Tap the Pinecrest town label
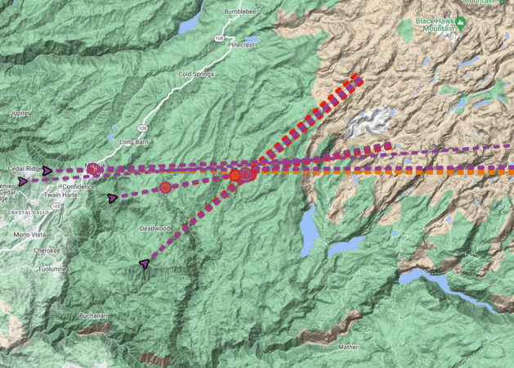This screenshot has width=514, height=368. tap(244, 47)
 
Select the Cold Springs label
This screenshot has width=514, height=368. tap(196, 74)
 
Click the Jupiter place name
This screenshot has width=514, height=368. tap(20, 113)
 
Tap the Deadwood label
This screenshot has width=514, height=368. tap(154, 228)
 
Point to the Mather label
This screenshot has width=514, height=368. tap(348, 347)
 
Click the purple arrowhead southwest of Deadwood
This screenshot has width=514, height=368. tap(145, 263)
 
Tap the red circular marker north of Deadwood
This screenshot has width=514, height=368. tap(165, 187)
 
